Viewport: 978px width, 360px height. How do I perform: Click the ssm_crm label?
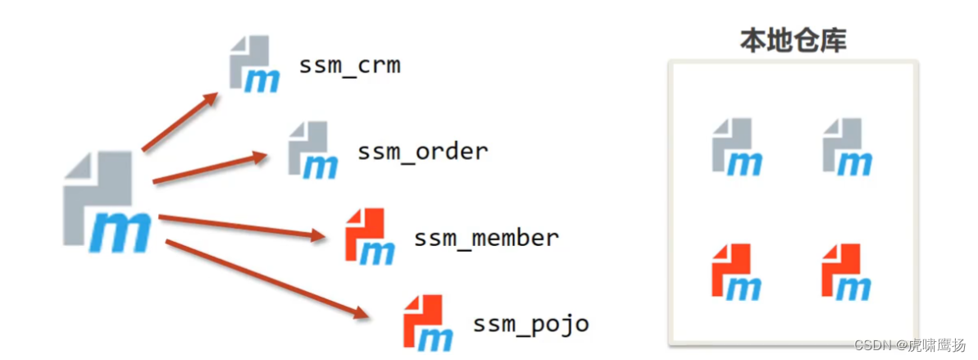click(x=349, y=66)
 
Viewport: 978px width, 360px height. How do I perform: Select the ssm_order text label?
click(x=422, y=152)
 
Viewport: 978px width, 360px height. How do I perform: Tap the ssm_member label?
click(x=486, y=239)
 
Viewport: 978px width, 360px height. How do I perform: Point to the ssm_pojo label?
click(x=530, y=324)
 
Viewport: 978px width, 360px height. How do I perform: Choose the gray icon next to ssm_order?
click(x=312, y=149)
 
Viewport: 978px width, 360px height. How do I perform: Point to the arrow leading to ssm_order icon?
click(x=210, y=167)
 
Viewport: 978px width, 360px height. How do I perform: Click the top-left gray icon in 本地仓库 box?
click(x=736, y=148)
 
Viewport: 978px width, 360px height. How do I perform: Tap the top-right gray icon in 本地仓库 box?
click(x=847, y=148)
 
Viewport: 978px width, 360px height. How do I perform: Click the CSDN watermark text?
click(x=909, y=345)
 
